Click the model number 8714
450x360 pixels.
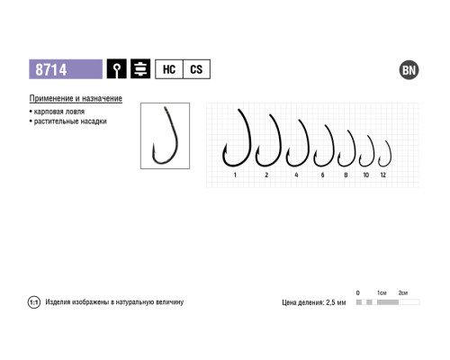point(51,69)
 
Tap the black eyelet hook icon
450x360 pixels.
point(116,69)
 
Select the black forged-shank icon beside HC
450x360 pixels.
point(140,69)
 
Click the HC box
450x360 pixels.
point(169,69)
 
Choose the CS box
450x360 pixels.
point(196,69)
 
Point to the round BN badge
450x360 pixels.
point(409,70)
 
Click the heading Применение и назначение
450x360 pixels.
point(76,98)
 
